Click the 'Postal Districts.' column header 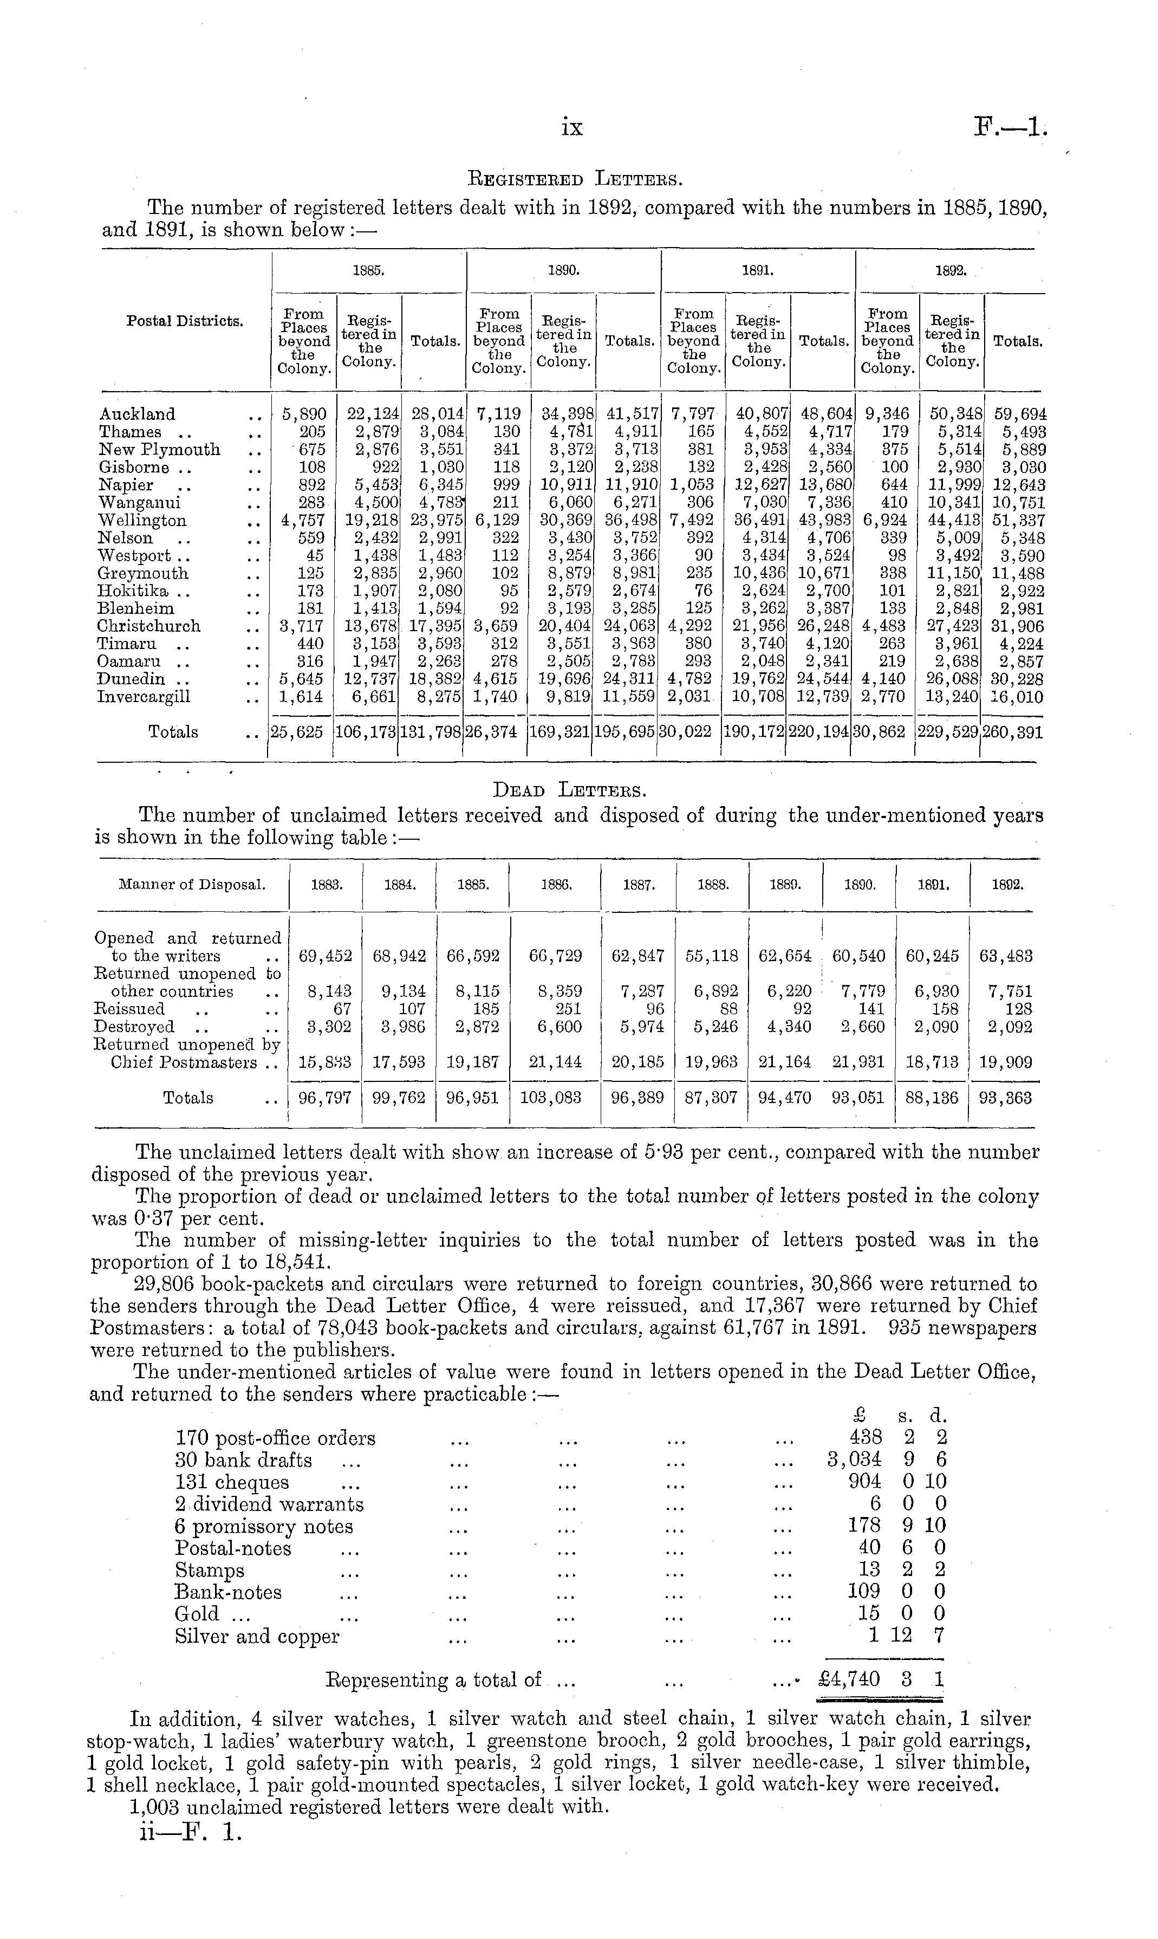[184, 321]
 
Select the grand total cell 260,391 [1012, 732]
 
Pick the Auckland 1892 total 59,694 [1014, 414]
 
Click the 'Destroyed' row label [134, 1027]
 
